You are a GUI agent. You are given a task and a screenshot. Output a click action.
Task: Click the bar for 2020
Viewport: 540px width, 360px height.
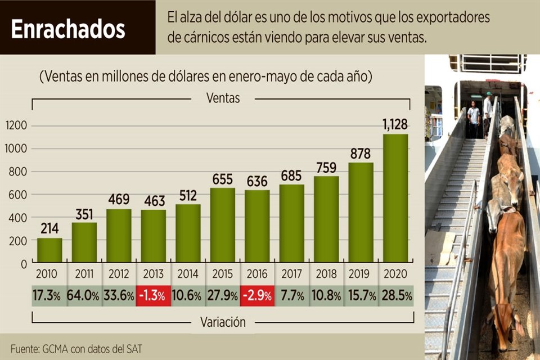click(395, 198)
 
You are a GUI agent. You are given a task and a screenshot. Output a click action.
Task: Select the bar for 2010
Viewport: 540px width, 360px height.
click(50, 250)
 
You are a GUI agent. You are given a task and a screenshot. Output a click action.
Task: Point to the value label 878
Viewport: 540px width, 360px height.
click(361, 153)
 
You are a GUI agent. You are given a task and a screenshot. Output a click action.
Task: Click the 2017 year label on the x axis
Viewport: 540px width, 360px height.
click(291, 274)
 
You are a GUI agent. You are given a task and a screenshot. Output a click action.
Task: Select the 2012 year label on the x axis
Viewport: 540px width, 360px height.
click(119, 274)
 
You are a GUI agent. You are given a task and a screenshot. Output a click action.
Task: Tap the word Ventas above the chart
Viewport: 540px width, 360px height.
click(223, 98)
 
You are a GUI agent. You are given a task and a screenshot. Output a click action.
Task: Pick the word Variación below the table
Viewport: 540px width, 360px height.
click(223, 322)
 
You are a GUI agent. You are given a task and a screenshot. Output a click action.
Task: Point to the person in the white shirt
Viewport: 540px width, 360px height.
click(488, 112)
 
